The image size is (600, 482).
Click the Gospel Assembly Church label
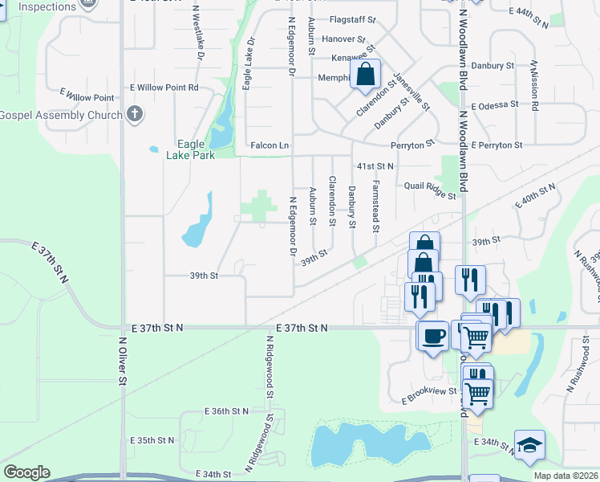(x=61, y=114)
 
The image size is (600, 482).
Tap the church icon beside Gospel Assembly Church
(x=135, y=114)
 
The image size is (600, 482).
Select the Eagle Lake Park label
(x=191, y=150)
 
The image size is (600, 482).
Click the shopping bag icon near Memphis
(x=365, y=75)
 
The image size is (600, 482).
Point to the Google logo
(x=26, y=472)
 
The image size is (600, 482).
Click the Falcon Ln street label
(x=270, y=145)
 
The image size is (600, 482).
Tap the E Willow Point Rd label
(x=164, y=87)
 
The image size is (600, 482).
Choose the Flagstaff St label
(x=351, y=20)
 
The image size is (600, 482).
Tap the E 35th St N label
(x=152, y=440)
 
